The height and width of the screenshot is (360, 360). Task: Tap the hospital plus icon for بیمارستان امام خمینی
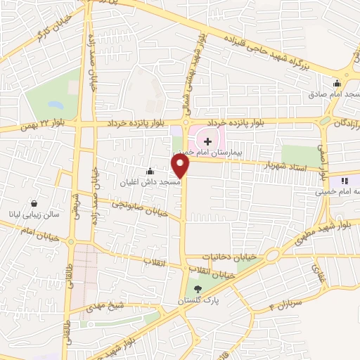207,141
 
